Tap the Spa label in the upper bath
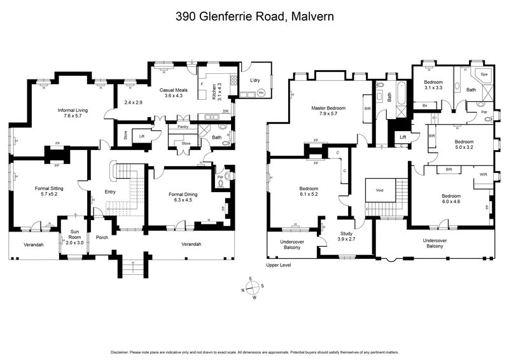click(x=484, y=74)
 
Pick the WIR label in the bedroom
click(x=484, y=173)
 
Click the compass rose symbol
click(x=254, y=288)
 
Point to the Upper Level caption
click(x=278, y=265)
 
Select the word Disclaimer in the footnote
click(x=123, y=352)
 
